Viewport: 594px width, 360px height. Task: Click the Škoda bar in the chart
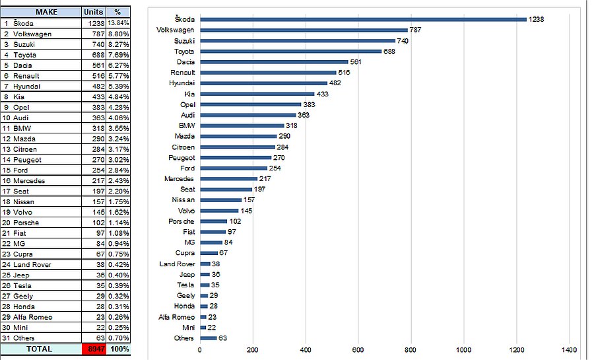pos(363,19)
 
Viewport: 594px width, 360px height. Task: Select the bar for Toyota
pos(290,51)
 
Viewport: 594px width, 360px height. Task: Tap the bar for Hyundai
pos(263,83)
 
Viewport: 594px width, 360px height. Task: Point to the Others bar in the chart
pos(208,338)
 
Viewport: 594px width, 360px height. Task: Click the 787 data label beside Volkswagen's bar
pos(416,30)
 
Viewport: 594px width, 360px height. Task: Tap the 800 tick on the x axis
pos(411,350)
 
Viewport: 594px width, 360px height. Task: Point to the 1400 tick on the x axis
pos(569,350)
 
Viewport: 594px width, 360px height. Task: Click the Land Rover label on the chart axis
pos(177,264)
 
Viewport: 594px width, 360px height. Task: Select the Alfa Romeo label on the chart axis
pos(176,317)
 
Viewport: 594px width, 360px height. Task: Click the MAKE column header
pos(41,12)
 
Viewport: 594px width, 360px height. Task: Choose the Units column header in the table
pos(93,12)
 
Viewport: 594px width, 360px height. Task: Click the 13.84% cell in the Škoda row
pos(119,23)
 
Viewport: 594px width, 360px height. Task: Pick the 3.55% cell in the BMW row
pos(119,128)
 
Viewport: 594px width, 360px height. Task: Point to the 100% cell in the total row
pos(119,348)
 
